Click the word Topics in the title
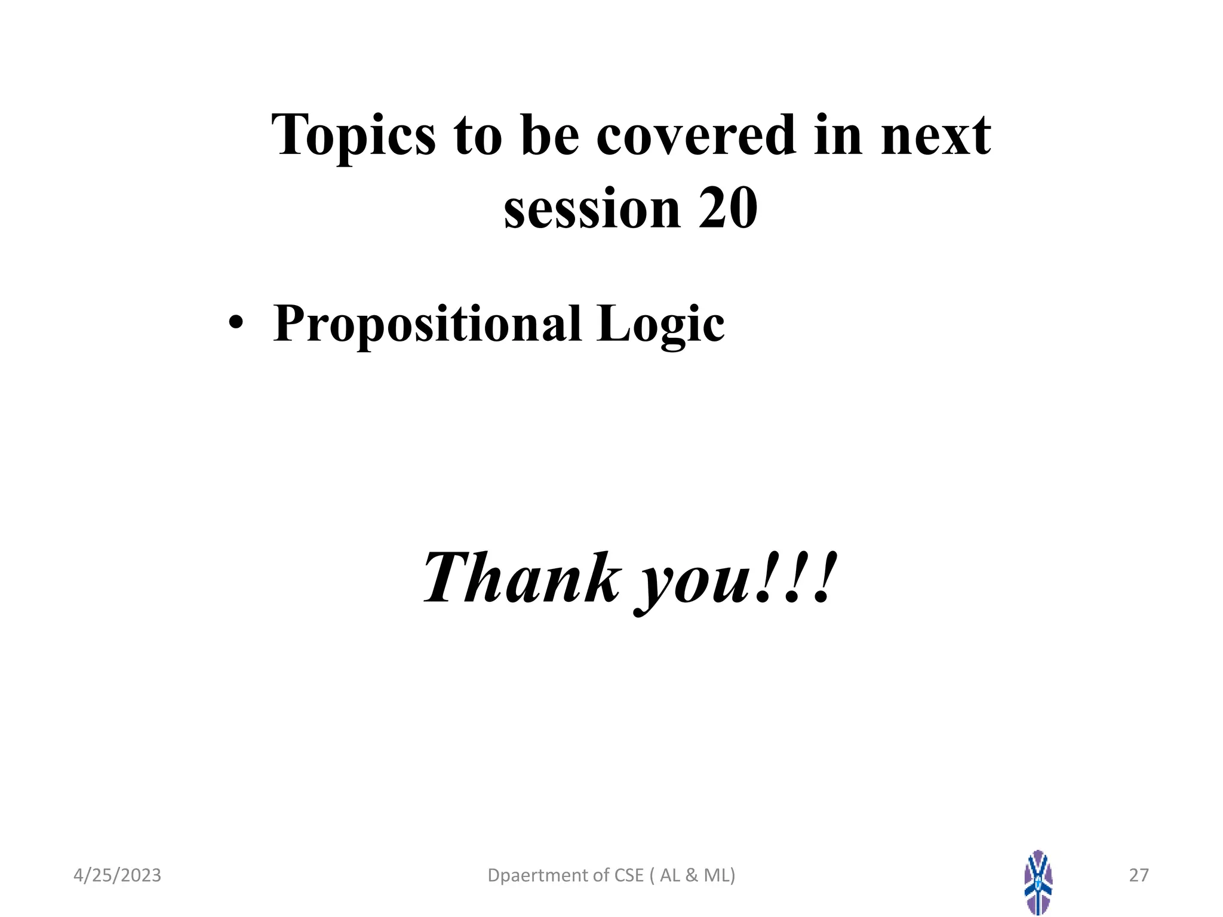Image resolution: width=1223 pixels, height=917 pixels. click(353, 136)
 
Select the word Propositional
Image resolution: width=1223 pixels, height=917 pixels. click(427, 324)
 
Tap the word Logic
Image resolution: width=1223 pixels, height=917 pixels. click(660, 324)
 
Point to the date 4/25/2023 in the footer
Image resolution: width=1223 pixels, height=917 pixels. click(117, 875)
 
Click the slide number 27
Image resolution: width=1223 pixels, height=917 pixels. click(1139, 875)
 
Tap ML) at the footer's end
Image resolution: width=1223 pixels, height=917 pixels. click(720, 875)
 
